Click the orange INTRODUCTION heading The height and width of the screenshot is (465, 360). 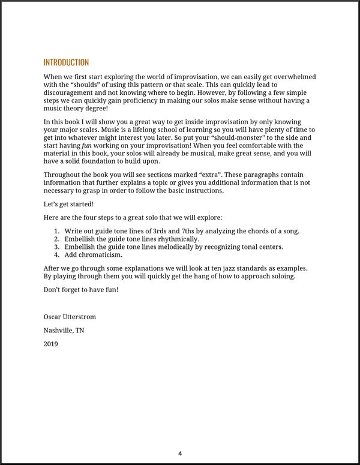pyautogui.click(x=66, y=62)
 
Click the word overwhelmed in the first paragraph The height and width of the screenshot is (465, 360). pyautogui.click(x=294, y=77)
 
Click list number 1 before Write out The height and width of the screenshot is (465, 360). pyautogui.click(x=56, y=231)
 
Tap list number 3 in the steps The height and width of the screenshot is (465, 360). pyautogui.click(x=56, y=247)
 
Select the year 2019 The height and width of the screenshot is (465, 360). pyautogui.click(x=52, y=344)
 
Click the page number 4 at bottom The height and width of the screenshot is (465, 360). pyautogui.click(x=180, y=453)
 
